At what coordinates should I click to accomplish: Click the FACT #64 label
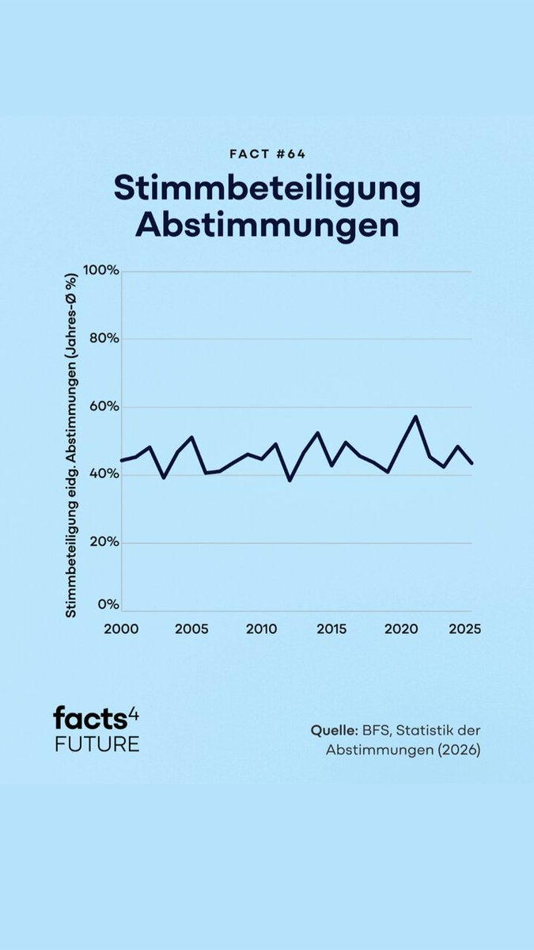(267, 154)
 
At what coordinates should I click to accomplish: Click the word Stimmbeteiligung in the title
(267, 189)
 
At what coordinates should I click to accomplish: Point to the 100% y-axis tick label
(101, 270)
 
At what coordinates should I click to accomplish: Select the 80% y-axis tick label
(104, 339)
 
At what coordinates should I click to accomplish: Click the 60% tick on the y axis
(104, 406)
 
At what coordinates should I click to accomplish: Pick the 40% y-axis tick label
(104, 474)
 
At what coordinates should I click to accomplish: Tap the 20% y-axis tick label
(104, 542)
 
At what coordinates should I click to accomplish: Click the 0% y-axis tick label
(108, 605)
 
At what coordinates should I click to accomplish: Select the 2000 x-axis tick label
(121, 629)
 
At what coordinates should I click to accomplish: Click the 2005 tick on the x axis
(191, 629)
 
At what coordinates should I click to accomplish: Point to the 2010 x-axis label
(262, 629)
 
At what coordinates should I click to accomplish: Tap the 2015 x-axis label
(331, 629)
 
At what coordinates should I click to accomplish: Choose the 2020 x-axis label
(401, 629)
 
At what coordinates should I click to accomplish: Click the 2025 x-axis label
(465, 629)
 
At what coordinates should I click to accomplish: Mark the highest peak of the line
(415, 416)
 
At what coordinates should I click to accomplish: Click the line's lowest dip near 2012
(290, 481)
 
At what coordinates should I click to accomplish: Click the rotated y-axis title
(71, 445)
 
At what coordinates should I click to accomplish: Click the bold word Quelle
(335, 731)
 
